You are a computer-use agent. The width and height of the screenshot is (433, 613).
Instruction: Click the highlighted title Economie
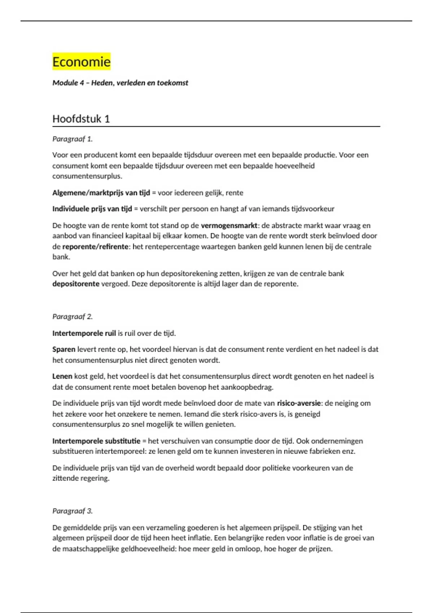pyautogui.click(x=81, y=62)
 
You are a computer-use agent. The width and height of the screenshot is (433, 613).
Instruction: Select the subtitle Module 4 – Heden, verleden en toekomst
pyautogui.click(x=120, y=83)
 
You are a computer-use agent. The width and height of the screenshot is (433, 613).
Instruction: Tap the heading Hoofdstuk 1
pyautogui.click(x=81, y=119)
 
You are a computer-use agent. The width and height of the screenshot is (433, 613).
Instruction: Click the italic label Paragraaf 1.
pyautogui.click(x=72, y=139)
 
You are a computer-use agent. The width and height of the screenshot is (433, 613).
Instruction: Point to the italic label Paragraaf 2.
pyautogui.click(x=72, y=317)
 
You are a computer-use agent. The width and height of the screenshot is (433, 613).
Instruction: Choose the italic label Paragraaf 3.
pyautogui.click(x=72, y=511)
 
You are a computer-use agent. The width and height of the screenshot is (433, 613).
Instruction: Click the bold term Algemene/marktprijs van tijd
pyautogui.click(x=101, y=193)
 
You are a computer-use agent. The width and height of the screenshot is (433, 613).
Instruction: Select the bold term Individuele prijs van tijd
pyautogui.click(x=92, y=209)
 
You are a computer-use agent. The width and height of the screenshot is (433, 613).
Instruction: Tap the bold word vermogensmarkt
pyautogui.click(x=229, y=226)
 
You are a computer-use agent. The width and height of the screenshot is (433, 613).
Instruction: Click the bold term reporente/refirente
pyautogui.click(x=95, y=247)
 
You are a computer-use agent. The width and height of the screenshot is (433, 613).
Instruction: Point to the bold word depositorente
pyautogui.click(x=75, y=284)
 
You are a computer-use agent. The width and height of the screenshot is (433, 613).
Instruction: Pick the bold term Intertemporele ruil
pyautogui.click(x=84, y=333)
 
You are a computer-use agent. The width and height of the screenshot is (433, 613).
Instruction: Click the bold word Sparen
pyautogui.click(x=64, y=349)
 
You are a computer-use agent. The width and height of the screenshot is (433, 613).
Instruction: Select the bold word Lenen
pyautogui.click(x=62, y=376)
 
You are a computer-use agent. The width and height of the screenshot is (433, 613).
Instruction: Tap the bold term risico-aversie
pyautogui.click(x=299, y=403)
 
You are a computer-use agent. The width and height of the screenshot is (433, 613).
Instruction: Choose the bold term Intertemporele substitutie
pyautogui.click(x=96, y=441)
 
